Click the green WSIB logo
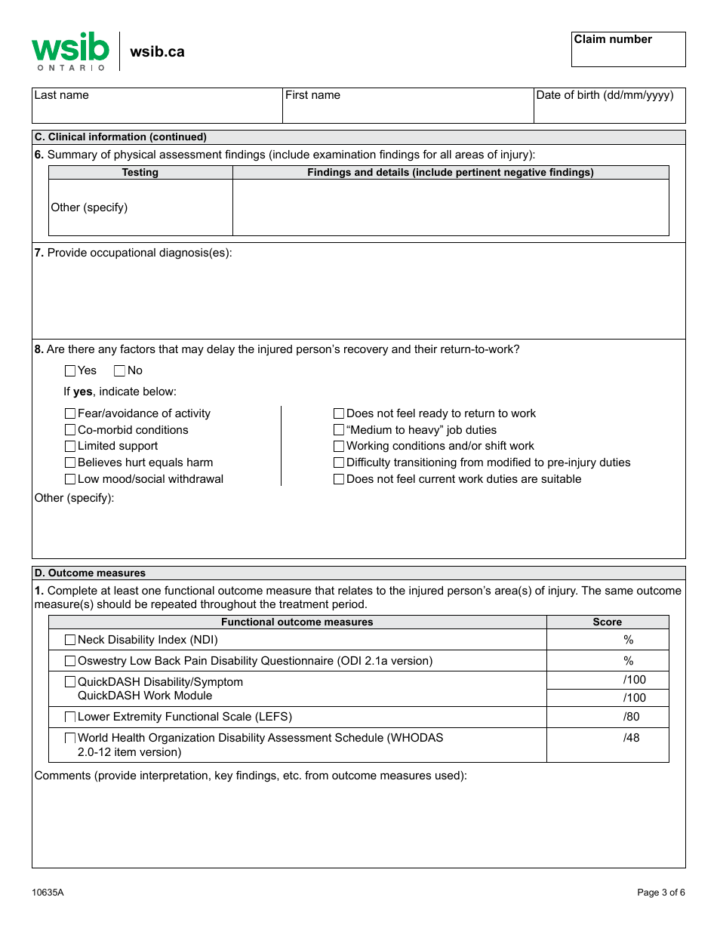70,51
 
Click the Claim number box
628,50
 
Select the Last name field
157,106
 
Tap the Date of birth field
609,106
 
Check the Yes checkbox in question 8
70,370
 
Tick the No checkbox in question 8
119,370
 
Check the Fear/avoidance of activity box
70,413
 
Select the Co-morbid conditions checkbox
70,430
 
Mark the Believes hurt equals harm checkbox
70,462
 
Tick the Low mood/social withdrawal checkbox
70,479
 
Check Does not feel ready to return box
339,413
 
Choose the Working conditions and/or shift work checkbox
339,447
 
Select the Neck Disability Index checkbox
70,640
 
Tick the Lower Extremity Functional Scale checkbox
70,717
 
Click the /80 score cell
608,717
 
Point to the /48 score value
631,738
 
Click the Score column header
607,622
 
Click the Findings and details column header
450,173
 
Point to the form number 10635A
48,893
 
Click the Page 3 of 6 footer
660,893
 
